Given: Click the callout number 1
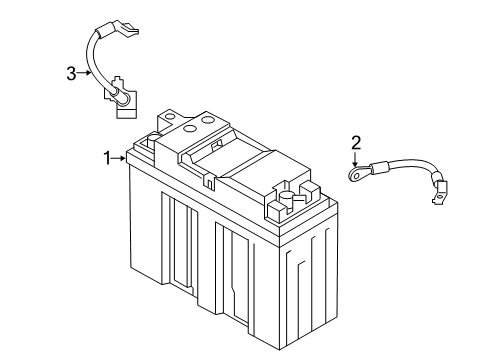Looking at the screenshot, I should [x=106, y=157].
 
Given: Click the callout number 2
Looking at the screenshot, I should [x=354, y=142].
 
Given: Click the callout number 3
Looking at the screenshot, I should [x=71, y=72].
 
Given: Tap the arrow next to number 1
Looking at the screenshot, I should [x=119, y=157].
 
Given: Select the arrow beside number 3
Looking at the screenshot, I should [x=86, y=72].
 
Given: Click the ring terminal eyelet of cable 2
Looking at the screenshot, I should [x=356, y=174].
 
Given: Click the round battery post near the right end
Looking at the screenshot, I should [x=287, y=199].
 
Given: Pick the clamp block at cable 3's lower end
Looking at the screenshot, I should [x=121, y=96].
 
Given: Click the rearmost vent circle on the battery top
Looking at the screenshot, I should [x=208, y=119].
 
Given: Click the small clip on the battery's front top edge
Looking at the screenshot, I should [x=207, y=181].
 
